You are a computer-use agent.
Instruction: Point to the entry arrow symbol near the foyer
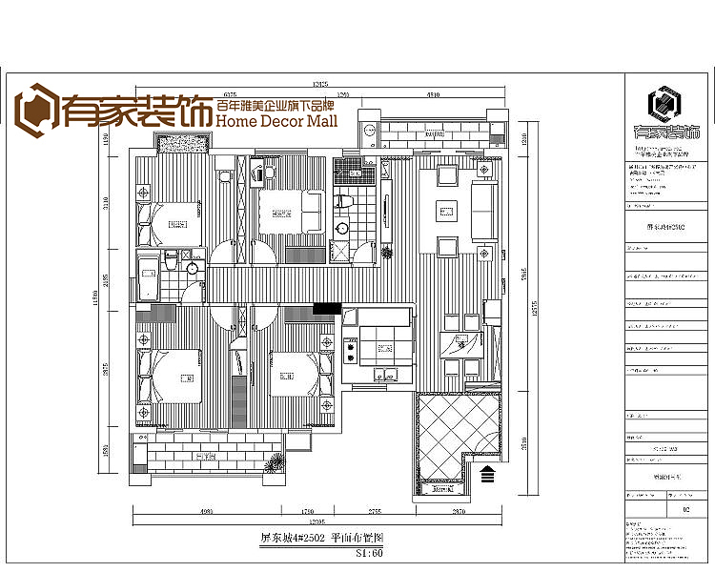[487, 472]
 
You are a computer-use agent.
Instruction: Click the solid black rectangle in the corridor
[327, 307]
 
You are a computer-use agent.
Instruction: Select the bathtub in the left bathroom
[148, 276]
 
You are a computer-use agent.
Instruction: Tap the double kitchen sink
[384, 374]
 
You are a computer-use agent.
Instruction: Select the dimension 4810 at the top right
[432, 95]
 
